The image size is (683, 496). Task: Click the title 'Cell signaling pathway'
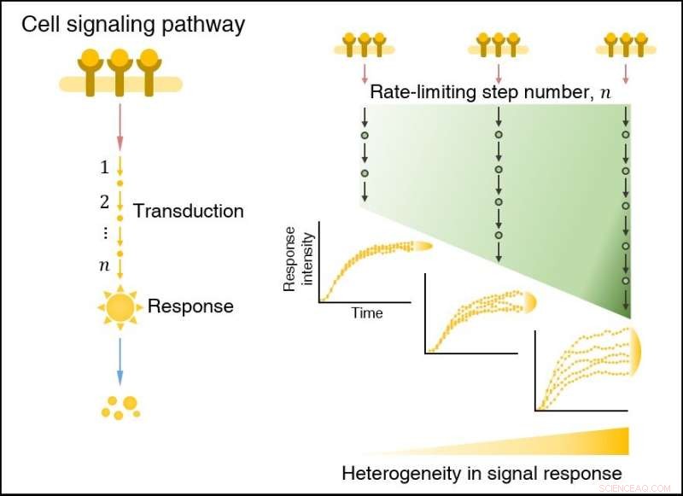pyautogui.click(x=132, y=24)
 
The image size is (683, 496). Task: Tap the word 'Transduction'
pyautogui.click(x=188, y=211)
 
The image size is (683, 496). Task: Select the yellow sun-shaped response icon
pyautogui.click(x=120, y=306)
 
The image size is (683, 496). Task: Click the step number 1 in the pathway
pyautogui.click(x=104, y=168)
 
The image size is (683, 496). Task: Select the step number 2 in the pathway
pyautogui.click(x=104, y=202)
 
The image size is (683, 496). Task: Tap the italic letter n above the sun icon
pyautogui.click(x=104, y=266)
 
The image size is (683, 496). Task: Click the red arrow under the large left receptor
pyautogui.click(x=120, y=124)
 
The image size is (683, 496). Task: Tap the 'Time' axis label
pyautogui.click(x=367, y=313)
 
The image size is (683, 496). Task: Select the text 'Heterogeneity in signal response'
pyautogui.click(x=482, y=473)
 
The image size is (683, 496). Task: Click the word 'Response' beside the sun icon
pyautogui.click(x=190, y=306)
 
